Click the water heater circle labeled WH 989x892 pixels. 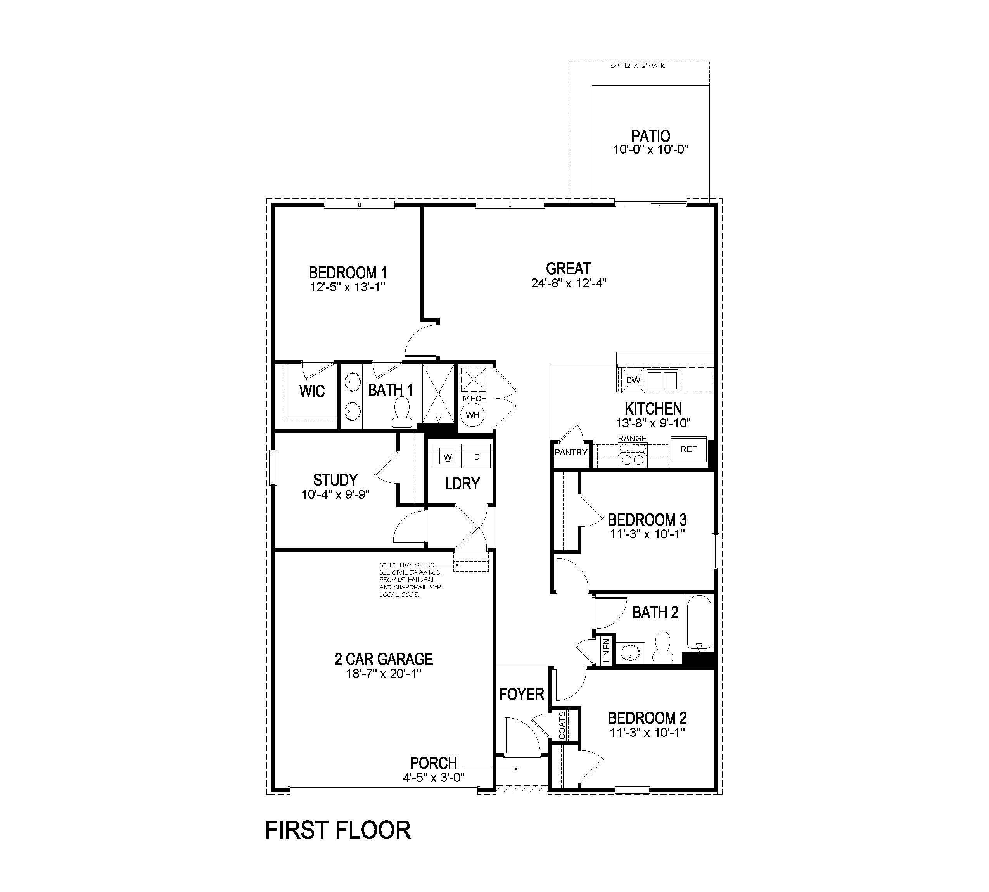[x=472, y=415]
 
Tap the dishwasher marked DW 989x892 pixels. [x=633, y=381]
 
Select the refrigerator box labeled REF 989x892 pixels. [x=688, y=449]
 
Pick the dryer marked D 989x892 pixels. [x=476, y=457]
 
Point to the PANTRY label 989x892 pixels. [x=571, y=452]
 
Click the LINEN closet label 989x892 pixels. [x=607, y=650]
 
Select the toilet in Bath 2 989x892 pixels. [x=662, y=647]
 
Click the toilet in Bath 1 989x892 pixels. [x=401, y=412]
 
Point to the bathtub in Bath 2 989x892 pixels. [x=699, y=622]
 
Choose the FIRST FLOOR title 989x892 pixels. [x=338, y=830]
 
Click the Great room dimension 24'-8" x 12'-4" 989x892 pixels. [x=569, y=283]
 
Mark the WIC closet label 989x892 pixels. [x=312, y=391]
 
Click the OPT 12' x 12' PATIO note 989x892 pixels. [x=638, y=66]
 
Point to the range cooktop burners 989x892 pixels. [x=633, y=454]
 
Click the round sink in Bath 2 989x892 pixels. [x=629, y=653]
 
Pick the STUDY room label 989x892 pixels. [x=335, y=479]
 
